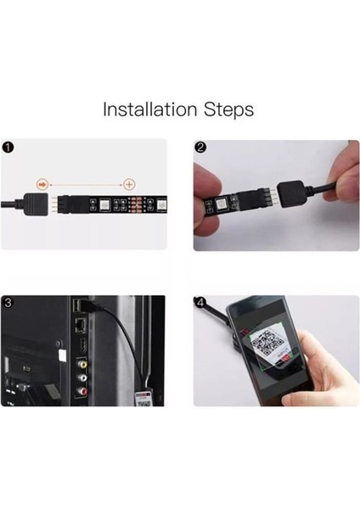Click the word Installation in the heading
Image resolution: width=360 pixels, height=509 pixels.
[x=149, y=109]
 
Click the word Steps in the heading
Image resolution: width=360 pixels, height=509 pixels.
[x=228, y=110]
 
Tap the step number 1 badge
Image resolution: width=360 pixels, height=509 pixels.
[x=8, y=148]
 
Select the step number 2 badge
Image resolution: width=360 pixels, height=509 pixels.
[x=200, y=148]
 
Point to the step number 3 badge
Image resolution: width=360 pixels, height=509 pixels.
[x=8, y=303]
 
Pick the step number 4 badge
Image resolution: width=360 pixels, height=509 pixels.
[x=200, y=303]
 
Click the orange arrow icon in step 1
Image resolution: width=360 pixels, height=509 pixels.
[x=42, y=185]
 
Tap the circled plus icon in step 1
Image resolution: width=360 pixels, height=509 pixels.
[x=129, y=185]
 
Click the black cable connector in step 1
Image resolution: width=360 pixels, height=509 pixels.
[x=36, y=204]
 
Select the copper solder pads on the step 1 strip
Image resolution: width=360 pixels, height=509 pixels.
[x=133, y=204]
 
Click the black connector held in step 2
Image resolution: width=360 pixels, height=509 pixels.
[x=290, y=194]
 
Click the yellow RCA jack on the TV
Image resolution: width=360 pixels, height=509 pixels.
[x=82, y=364]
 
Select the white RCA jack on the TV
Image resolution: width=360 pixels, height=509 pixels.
[x=82, y=378]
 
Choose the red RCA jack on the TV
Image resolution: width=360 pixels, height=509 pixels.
[x=82, y=391]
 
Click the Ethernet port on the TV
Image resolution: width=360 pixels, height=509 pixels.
[x=81, y=325]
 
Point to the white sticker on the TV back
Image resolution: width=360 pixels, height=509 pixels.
[x=61, y=356]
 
